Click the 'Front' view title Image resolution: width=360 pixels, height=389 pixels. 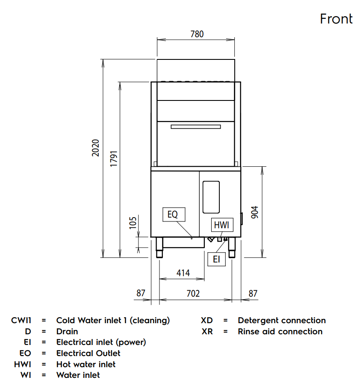(x=336, y=19)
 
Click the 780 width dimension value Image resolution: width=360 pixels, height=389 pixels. (x=197, y=34)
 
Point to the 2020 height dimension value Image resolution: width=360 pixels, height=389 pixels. (x=96, y=147)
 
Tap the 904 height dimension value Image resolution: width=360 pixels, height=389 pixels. (x=255, y=212)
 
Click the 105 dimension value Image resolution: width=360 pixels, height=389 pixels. (x=133, y=223)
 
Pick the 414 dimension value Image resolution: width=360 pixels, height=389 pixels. (x=183, y=273)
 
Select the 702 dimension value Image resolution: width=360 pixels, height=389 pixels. (x=193, y=294)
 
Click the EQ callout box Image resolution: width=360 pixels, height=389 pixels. (x=173, y=215)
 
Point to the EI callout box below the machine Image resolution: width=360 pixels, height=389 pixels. (x=216, y=259)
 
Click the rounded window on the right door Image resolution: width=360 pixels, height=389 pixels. (x=211, y=197)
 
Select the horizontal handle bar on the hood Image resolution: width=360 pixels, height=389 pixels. (x=196, y=126)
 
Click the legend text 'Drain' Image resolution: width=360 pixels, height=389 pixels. (x=67, y=331)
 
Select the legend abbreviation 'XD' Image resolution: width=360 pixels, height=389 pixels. (x=207, y=321)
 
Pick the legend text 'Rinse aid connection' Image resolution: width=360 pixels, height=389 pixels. (x=280, y=331)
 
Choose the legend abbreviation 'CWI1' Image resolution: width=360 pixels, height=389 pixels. (x=21, y=321)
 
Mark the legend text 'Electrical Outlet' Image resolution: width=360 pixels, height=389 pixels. (x=88, y=353)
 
